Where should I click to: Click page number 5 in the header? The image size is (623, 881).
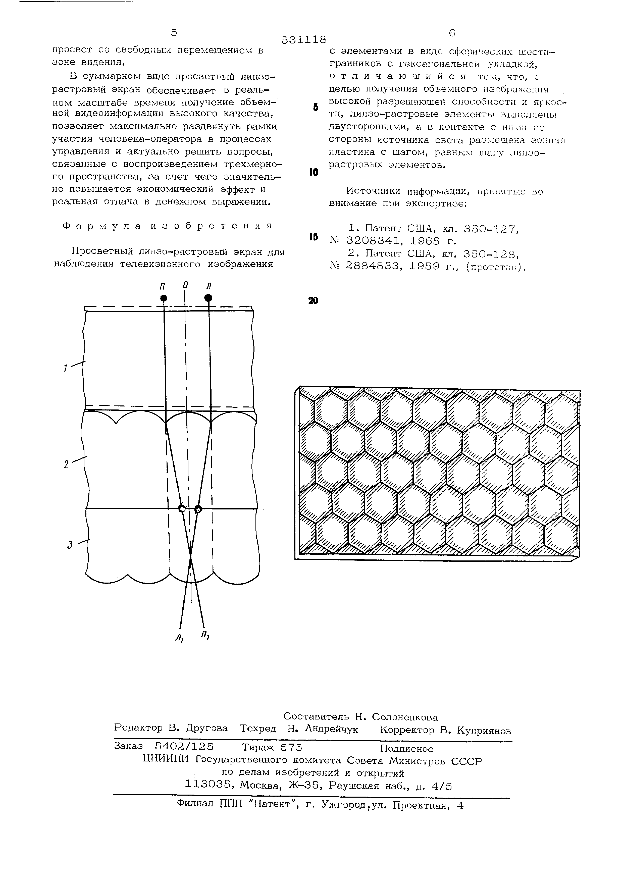(x=174, y=33)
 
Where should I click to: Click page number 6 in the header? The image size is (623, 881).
(x=452, y=33)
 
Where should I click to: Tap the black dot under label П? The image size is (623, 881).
(x=164, y=298)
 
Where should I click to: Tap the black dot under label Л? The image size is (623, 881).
(x=208, y=297)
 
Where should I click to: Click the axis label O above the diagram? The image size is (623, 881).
(x=185, y=285)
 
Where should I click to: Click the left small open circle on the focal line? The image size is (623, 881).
(x=182, y=509)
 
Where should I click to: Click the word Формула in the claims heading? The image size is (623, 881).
(x=101, y=226)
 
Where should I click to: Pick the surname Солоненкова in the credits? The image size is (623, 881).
(x=405, y=717)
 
